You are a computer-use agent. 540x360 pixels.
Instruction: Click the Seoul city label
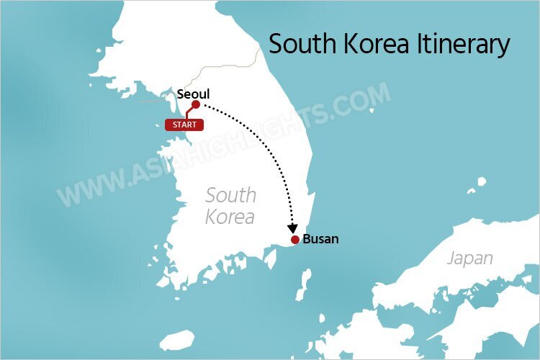(x=193, y=93)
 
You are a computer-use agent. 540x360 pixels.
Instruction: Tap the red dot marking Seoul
(x=196, y=105)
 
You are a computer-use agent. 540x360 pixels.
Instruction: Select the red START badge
(x=184, y=125)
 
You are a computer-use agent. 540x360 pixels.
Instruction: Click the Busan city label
(x=320, y=239)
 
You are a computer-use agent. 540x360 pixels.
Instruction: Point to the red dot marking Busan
(x=295, y=240)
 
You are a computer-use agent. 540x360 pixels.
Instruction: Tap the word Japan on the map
(x=470, y=258)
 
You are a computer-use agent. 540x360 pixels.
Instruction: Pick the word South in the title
(x=299, y=45)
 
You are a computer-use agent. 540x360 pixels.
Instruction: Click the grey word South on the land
(x=230, y=194)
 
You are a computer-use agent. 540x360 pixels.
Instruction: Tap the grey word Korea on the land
(x=230, y=216)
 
